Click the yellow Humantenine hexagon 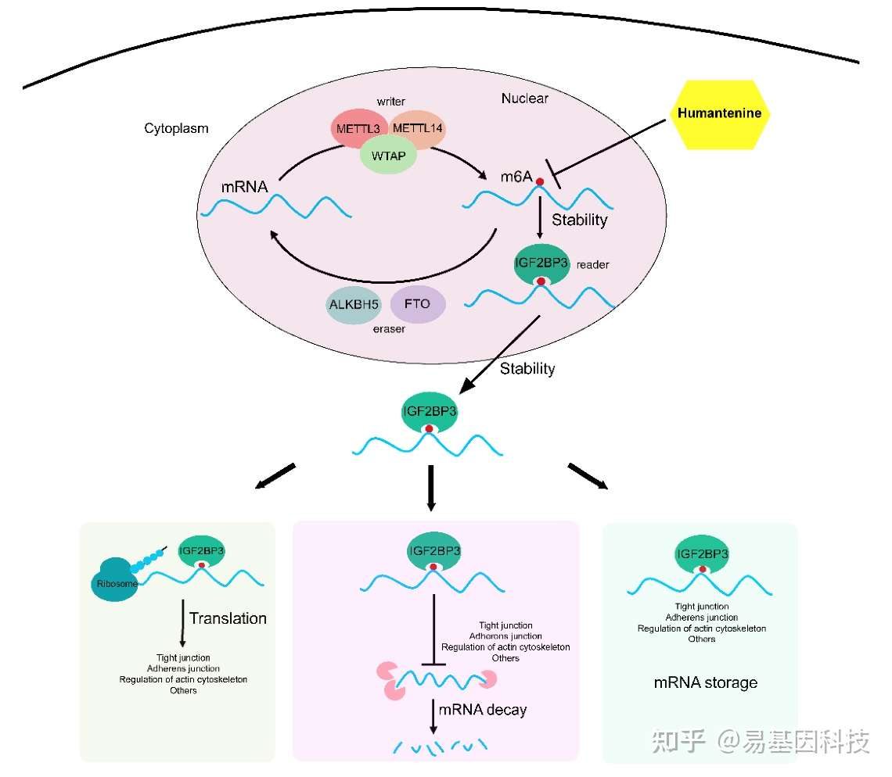pos(720,114)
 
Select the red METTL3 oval pos(358,129)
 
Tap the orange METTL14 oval pos(418,128)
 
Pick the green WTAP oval pos(389,156)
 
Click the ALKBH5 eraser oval pos(353,305)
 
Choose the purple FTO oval pos(418,304)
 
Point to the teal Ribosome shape pos(116,579)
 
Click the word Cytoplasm pos(176,128)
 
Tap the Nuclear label pos(524,98)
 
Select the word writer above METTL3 pos(390,101)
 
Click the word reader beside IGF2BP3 pos(593,265)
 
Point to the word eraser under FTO pos(389,329)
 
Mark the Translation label pos(228,618)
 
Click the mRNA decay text pos(483,710)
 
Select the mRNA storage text pos(706,682)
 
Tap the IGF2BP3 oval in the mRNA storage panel pos(702,554)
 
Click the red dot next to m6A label pos(540,182)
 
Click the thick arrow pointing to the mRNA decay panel pos(430,488)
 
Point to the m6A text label pos(516,177)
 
